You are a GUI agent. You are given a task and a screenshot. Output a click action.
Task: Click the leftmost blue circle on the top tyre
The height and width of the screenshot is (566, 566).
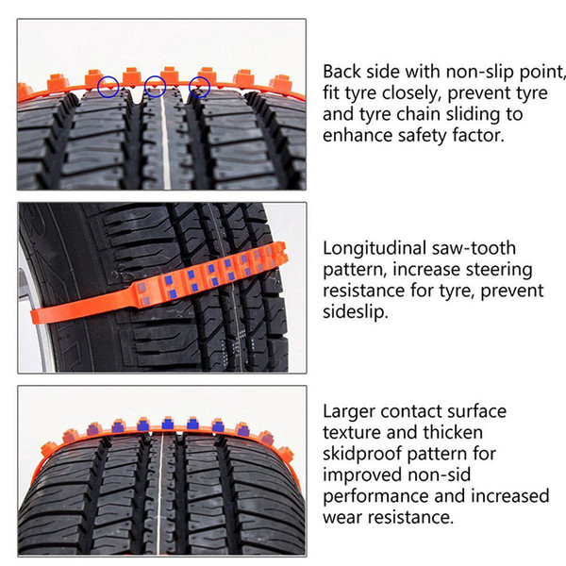pyautogui.click(x=98, y=87)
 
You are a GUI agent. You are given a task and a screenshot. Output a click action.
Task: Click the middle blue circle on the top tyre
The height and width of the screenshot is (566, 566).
pyautogui.click(x=144, y=87)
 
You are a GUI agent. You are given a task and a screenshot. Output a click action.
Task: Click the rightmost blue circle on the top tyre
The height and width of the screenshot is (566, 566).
pyautogui.click(x=190, y=87)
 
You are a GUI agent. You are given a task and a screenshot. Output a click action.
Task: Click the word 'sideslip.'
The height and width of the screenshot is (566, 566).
pyautogui.click(x=356, y=312)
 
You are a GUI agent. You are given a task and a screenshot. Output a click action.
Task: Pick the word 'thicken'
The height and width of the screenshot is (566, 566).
pyautogui.click(x=453, y=432)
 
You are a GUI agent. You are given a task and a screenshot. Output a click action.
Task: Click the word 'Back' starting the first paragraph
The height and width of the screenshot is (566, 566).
pyautogui.click(x=341, y=72)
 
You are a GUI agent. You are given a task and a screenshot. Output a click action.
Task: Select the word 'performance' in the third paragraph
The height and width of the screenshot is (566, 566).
pyautogui.click(x=375, y=496)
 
